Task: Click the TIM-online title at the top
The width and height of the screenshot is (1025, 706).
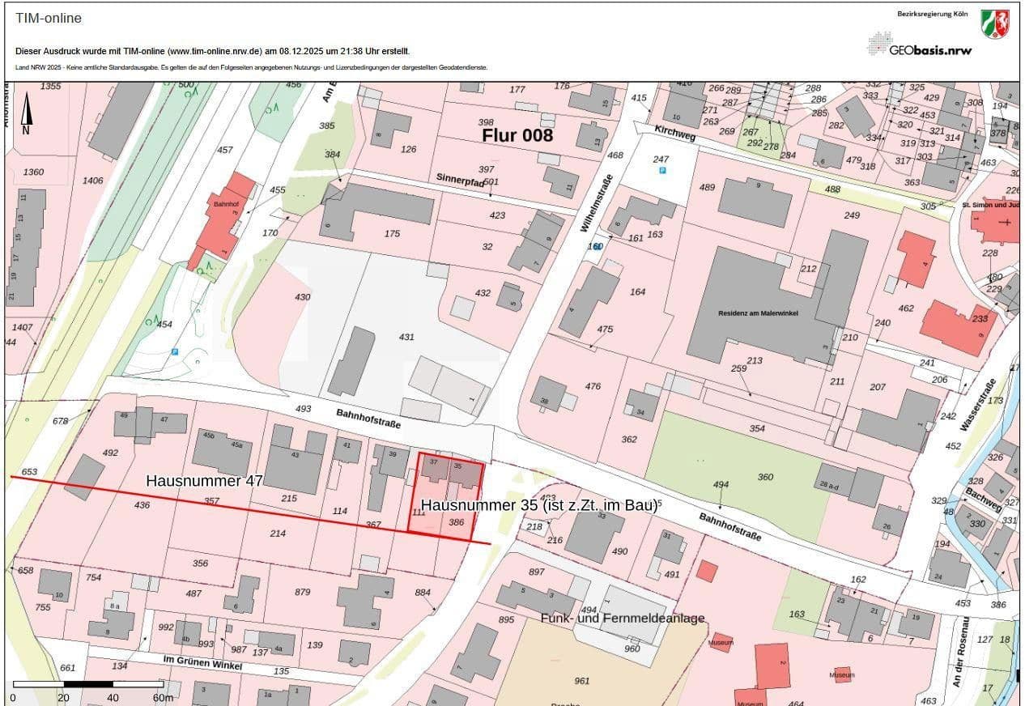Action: coord(49,18)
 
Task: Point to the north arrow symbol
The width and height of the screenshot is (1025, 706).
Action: coord(26,114)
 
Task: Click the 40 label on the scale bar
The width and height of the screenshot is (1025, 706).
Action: coord(113,697)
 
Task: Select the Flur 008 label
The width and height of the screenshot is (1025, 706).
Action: coord(517,135)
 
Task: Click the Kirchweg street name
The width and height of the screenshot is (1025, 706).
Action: coord(654,134)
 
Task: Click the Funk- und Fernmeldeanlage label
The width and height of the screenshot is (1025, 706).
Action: coord(623,619)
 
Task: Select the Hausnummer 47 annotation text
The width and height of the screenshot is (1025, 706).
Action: coord(204,481)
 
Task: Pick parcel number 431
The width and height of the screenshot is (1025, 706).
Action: coord(406,336)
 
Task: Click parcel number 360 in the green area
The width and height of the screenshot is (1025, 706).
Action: coord(765,477)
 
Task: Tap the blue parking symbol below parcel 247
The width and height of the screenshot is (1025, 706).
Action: coord(661,172)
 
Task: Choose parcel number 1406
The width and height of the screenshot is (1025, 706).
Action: coord(93,181)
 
